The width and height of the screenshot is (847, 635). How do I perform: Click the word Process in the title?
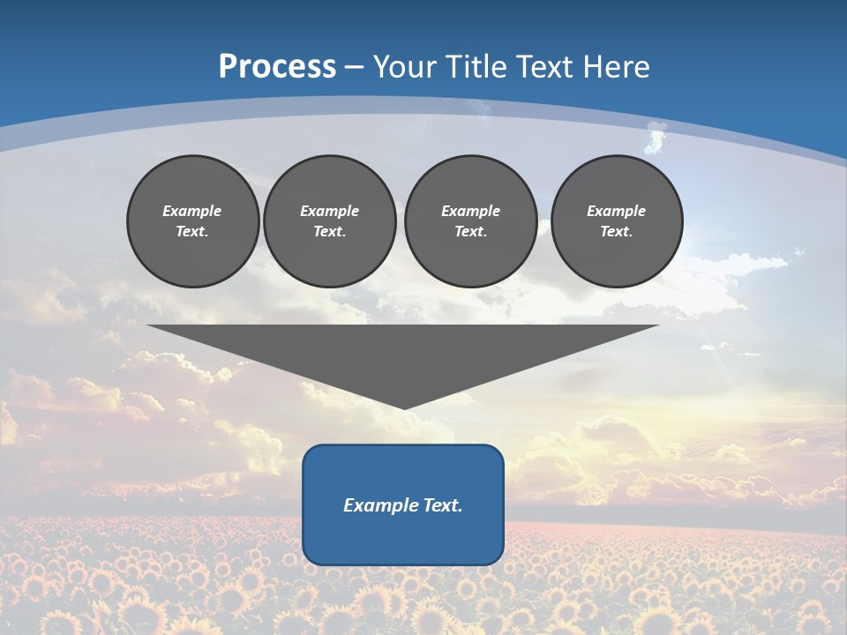click(x=277, y=67)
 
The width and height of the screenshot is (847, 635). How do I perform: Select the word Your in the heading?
click(x=404, y=67)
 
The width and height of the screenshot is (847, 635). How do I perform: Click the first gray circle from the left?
click(x=193, y=221)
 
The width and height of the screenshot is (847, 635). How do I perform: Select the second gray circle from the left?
click(x=330, y=221)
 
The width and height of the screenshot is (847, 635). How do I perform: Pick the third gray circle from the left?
click(x=471, y=221)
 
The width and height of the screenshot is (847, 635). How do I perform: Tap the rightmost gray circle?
click(x=617, y=221)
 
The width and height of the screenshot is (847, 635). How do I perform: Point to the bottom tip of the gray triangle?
click(x=403, y=407)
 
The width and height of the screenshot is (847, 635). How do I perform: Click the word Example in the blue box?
click(x=379, y=505)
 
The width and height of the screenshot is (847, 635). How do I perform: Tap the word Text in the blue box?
click(x=441, y=505)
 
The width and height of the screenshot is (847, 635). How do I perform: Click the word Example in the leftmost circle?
click(x=192, y=211)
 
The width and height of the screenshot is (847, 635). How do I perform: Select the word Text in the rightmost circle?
click(x=616, y=232)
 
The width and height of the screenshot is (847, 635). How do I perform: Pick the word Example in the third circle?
click(x=470, y=211)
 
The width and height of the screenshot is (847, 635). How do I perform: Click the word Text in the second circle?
click(x=329, y=232)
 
